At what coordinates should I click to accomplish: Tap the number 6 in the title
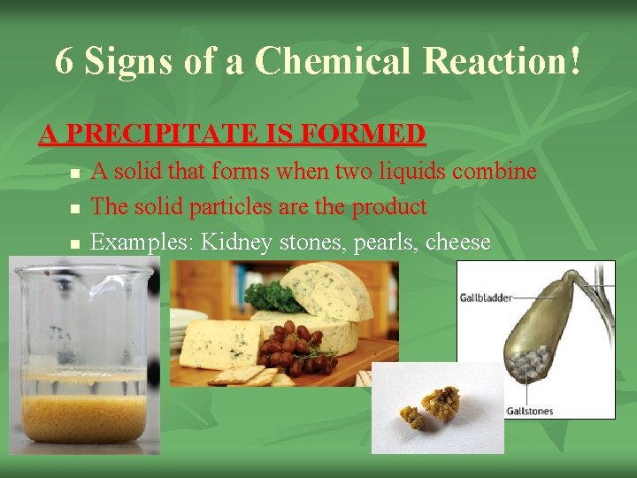coord(63,60)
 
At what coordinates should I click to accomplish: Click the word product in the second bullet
coord(389,207)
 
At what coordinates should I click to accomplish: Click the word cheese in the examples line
coord(458,243)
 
